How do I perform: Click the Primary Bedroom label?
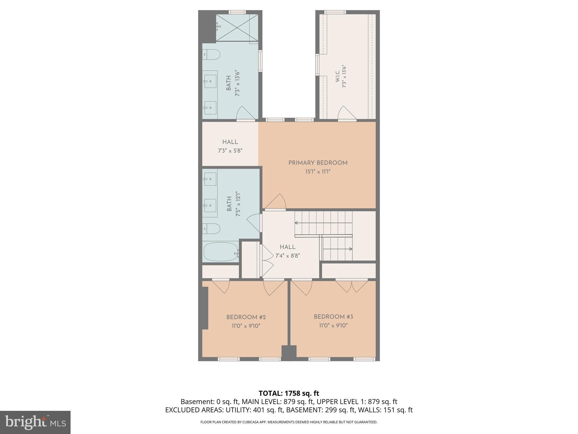coord(318,163)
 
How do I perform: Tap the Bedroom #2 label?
coord(246,317)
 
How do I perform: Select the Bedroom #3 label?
coord(333,317)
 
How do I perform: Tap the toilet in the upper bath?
coord(211,55)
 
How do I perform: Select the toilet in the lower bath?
coord(211,229)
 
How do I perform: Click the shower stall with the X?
coord(237,27)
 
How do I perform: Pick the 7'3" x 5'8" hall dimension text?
coord(230,151)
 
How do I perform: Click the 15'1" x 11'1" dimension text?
coord(318,172)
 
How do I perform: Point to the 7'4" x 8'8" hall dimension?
coord(288,256)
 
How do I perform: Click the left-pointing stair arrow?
coord(323,223)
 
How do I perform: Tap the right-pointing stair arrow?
coord(338,249)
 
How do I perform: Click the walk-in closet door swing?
coord(347,113)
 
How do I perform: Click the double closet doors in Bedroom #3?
coord(352,286)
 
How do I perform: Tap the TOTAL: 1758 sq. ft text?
coord(289,393)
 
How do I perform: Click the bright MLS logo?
coord(35,422)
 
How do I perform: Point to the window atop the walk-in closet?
coord(335,12)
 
